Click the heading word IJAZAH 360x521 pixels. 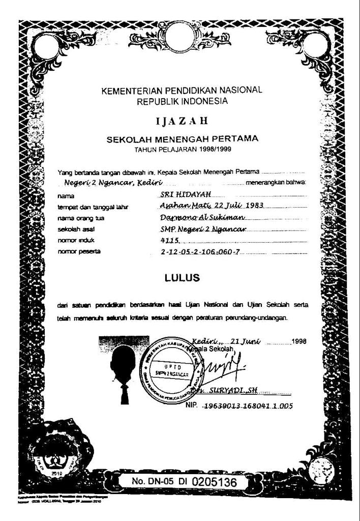point(182,121)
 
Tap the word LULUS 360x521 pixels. point(183,278)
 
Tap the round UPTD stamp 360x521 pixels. point(169,369)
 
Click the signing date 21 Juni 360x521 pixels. point(246,341)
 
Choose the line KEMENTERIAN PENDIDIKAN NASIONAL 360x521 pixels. point(182,91)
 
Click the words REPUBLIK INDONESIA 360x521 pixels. point(182,101)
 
